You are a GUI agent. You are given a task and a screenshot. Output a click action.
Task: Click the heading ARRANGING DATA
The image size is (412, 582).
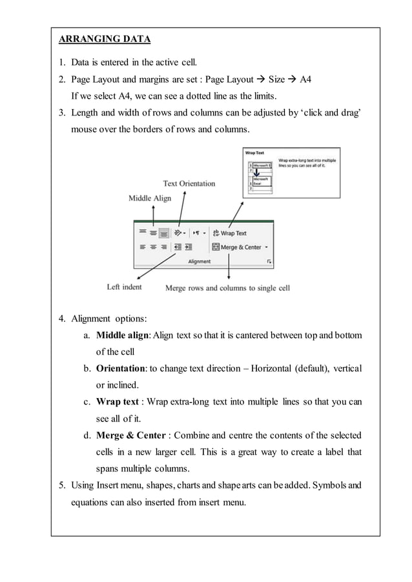pos(105,39)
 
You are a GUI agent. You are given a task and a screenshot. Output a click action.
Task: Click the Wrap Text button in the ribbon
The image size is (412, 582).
pos(229,233)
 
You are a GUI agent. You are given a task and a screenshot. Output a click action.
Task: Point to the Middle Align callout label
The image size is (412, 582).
pos(150,198)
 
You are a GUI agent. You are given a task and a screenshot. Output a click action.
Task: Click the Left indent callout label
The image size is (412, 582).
pos(124,286)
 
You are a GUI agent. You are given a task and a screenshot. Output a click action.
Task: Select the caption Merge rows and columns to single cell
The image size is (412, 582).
pos(227,288)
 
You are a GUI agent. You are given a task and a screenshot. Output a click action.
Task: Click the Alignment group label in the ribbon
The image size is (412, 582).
pos(199,261)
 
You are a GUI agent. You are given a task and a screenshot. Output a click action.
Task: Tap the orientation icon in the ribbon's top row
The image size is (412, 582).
pos(179,233)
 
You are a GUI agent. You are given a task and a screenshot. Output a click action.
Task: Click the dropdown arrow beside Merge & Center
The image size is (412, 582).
pos(266,247)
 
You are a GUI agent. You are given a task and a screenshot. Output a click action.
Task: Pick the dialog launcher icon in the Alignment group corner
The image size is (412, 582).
pos(269,261)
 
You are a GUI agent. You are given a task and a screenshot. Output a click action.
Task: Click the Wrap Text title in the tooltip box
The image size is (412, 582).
pos(254,153)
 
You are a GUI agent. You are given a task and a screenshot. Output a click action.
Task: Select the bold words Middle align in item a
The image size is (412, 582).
pos(121,335)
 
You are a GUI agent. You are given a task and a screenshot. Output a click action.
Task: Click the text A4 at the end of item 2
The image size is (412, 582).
pos(304,80)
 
